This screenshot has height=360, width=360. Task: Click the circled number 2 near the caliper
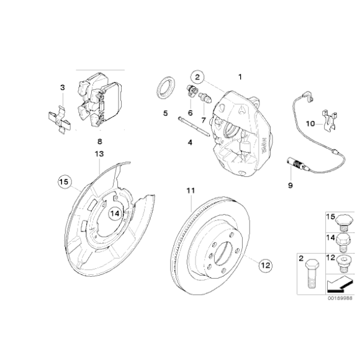click(197, 78)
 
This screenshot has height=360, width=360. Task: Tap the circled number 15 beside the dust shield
click(63, 182)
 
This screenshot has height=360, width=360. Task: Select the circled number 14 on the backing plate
click(115, 213)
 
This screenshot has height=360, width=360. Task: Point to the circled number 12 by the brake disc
click(265, 266)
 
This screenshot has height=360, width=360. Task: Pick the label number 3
click(62, 88)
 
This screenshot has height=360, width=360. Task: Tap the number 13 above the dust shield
click(99, 153)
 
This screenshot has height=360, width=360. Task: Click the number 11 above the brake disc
click(189, 190)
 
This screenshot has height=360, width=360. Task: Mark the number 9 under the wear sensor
click(289, 185)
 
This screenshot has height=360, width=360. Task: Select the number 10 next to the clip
click(310, 123)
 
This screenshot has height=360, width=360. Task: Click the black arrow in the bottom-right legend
click(335, 285)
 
